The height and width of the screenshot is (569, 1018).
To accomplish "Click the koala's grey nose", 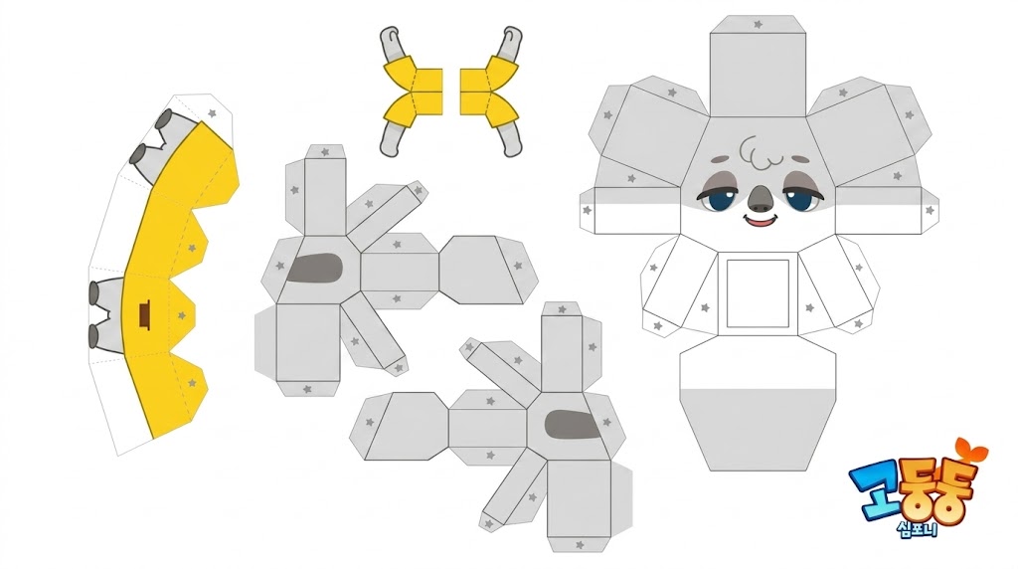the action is point(760,198).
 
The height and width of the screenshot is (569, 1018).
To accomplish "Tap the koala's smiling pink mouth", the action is point(761,221).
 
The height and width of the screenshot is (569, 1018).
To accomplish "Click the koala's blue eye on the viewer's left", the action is point(717,200).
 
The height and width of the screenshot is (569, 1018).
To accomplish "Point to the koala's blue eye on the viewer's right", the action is point(801,200).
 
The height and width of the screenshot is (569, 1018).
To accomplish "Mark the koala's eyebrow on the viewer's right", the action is point(796,158).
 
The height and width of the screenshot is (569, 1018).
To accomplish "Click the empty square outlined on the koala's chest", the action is point(758,293).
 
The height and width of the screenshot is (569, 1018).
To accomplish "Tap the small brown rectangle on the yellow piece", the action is point(144,315).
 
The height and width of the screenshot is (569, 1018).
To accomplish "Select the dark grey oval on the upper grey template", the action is point(315,269).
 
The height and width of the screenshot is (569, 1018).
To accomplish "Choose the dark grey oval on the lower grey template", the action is point(572,424).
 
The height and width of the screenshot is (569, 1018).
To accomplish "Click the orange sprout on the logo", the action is point(970,450).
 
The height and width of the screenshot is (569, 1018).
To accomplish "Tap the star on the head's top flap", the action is point(758,24).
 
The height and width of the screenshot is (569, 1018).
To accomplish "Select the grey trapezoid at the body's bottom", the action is point(758,429).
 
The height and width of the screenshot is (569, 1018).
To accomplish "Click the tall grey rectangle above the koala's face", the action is point(758,75).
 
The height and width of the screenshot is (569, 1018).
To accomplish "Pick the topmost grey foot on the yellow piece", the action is point(165,119).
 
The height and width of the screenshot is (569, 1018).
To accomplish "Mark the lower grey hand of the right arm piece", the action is point(510,138).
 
